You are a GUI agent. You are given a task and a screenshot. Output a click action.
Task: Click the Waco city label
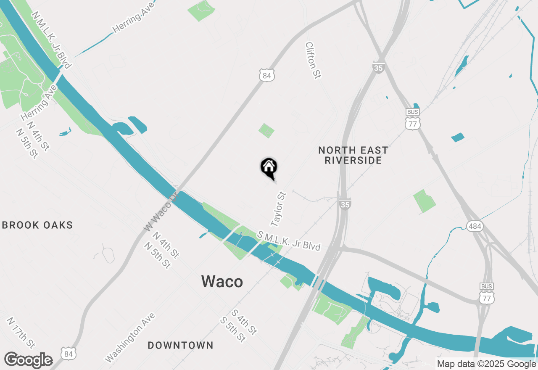click(222, 281)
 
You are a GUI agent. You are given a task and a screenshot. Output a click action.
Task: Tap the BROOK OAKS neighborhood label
click(37, 225)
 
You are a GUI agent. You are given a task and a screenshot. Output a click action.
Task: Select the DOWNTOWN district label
click(180, 346)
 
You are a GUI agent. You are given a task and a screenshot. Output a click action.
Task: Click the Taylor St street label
click(279, 208)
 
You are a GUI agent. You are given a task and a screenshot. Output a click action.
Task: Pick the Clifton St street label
click(313, 60)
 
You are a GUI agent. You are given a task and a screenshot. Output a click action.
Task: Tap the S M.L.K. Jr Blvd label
click(289, 240)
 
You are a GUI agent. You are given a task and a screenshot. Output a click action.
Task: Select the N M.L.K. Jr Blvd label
click(52, 40)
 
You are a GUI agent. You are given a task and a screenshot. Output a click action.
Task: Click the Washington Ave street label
click(130, 338)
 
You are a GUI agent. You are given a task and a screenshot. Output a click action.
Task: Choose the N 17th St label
click(21, 333)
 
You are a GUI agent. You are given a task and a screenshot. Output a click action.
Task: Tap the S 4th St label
click(244, 322)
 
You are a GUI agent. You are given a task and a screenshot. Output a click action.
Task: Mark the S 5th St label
click(233, 329)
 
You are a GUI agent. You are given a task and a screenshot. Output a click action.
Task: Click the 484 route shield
click(475, 226)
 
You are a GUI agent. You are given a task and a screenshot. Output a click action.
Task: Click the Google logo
click(29, 360)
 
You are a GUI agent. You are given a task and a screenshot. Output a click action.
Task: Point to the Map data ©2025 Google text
click(486, 364)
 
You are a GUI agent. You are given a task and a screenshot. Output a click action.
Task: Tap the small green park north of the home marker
click(266, 130)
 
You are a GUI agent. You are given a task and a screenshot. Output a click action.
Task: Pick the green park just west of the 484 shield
click(425, 201)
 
